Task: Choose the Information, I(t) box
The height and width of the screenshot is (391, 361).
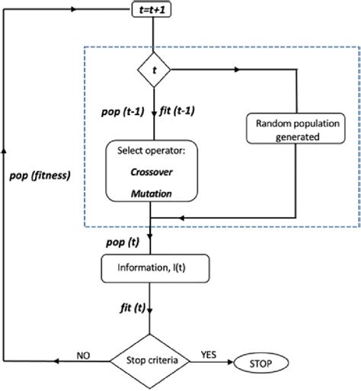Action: click(x=155, y=267)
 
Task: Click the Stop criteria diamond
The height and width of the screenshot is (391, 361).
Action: click(x=155, y=356)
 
